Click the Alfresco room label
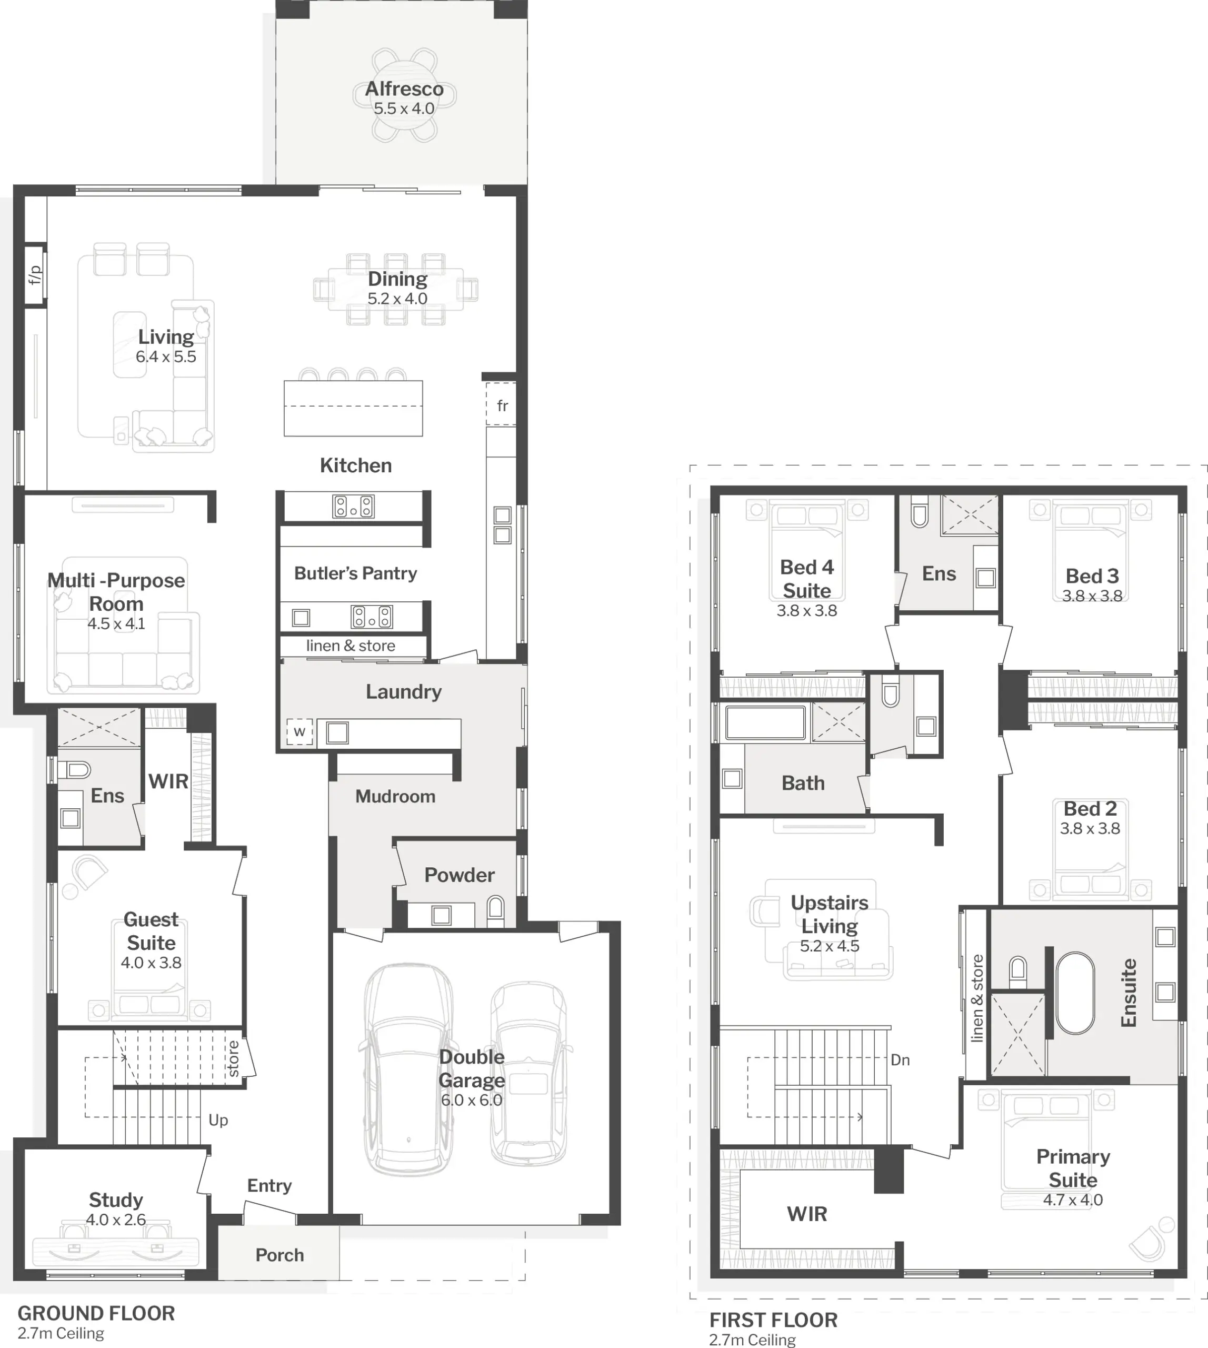click(404, 89)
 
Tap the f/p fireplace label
click(35, 274)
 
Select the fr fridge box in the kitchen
click(501, 404)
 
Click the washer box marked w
click(299, 732)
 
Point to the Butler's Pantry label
click(356, 573)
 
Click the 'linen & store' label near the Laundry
click(351, 646)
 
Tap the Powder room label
click(460, 875)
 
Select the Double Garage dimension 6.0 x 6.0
click(471, 1099)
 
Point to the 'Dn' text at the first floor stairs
click(900, 1060)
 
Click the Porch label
click(279, 1255)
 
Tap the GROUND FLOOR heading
click(96, 1313)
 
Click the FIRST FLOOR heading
click(773, 1320)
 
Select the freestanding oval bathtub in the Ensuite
click(1075, 994)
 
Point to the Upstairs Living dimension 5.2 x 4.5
click(830, 946)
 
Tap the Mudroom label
click(396, 796)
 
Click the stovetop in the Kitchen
click(353, 507)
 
